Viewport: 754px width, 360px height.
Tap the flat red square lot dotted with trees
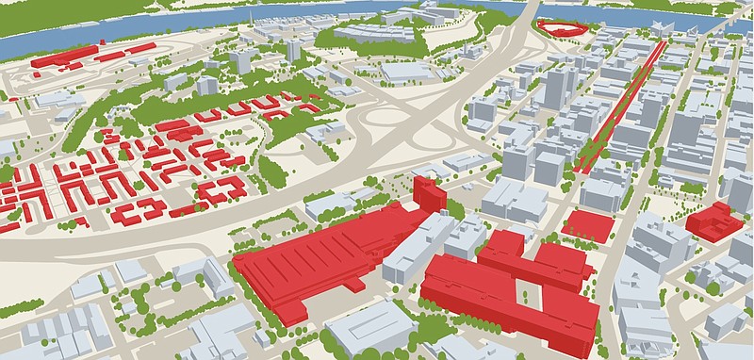(x=587, y=224)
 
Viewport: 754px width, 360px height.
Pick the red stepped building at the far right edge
(x=713, y=222)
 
